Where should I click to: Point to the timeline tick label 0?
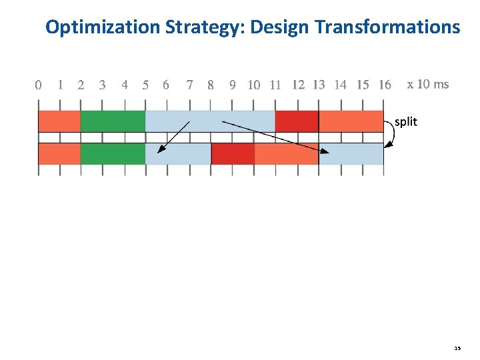[38, 85]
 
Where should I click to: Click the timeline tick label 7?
[190, 85]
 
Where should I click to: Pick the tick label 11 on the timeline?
[275, 85]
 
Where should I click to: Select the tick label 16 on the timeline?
[385, 85]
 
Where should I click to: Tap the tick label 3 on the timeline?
[102, 85]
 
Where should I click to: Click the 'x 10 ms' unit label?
[427, 84]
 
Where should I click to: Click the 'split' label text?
[406, 121]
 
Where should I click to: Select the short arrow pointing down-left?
[173, 137]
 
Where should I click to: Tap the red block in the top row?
[297, 121]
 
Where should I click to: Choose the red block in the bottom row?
[233, 154]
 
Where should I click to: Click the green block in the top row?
[113, 121]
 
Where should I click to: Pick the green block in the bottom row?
[113, 154]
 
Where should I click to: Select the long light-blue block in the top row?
[210, 121]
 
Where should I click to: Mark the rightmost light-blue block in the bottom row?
[351, 154]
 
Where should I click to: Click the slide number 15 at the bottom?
[457, 348]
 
